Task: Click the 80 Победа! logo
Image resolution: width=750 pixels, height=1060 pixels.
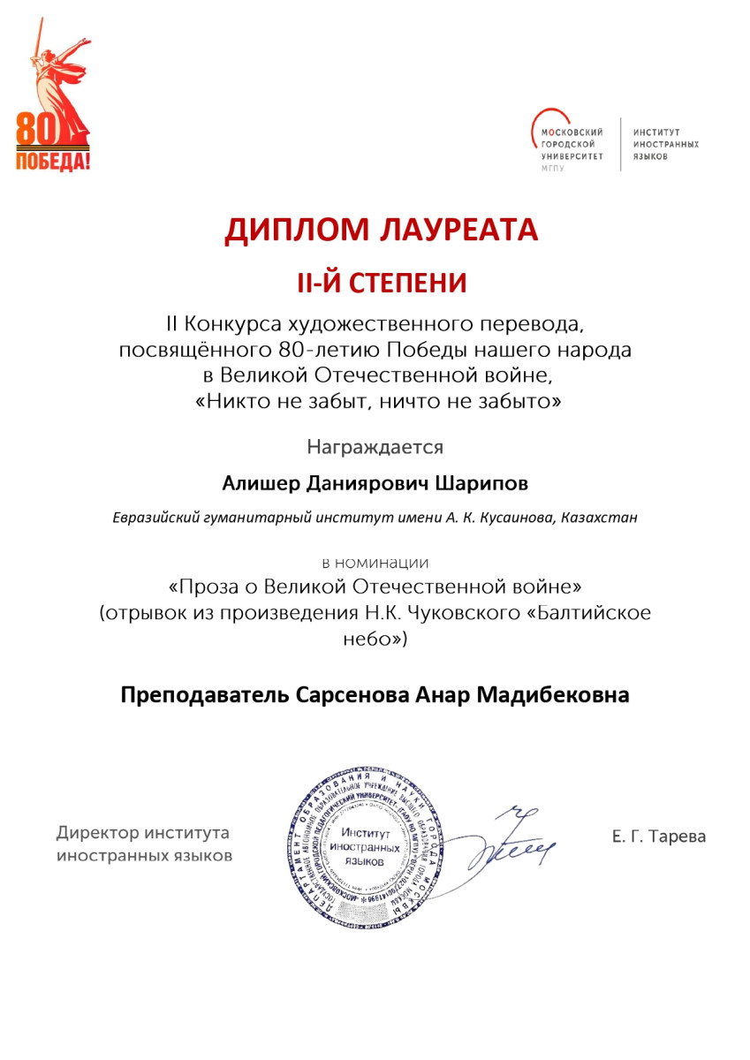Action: [x=53, y=106]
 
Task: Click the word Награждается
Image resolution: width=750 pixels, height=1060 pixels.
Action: [x=375, y=447]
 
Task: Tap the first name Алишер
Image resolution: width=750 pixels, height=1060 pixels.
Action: [x=254, y=483]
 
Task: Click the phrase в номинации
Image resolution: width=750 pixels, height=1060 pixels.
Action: [x=375, y=562]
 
